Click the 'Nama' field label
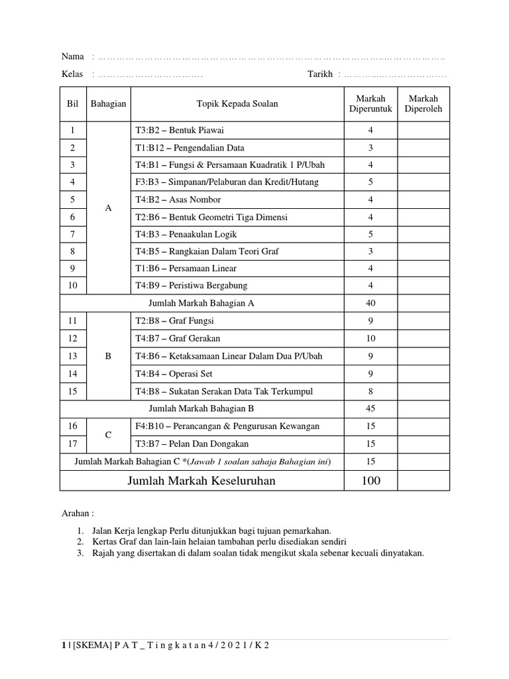[x=73, y=56]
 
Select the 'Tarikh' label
[x=319, y=74]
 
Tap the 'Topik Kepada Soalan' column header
[x=237, y=104]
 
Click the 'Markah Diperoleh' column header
[x=424, y=104]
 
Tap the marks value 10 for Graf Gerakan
[x=370, y=339]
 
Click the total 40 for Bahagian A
[x=370, y=303]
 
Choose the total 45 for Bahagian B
[x=370, y=408]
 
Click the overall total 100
[x=370, y=481]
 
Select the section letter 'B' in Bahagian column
[x=109, y=356]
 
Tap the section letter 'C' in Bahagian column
[x=109, y=435]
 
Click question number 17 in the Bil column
[x=73, y=444]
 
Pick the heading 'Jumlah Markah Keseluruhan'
[x=201, y=481]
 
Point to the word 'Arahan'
[x=75, y=513]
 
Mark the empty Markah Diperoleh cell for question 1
[x=424, y=131]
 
